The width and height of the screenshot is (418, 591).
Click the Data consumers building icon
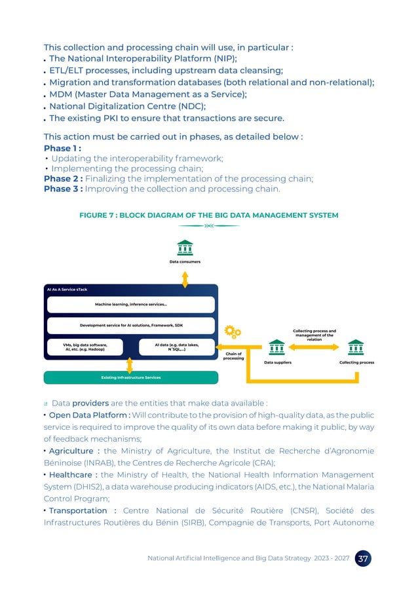click(x=185, y=248)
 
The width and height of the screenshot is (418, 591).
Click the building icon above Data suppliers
click(x=277, y=346)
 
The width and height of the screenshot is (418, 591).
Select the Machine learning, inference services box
click(x=130, y=304)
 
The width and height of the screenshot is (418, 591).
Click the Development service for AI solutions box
click(x=130, y=325)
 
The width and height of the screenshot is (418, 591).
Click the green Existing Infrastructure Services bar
click(x=130, y=377)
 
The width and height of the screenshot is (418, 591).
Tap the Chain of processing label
click(x=233, y=356)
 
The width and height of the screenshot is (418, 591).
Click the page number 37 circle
click(x=362, y=559)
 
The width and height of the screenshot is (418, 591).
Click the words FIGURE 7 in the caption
click(x=96, y=216)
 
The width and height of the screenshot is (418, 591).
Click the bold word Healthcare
click(x=71, y=475)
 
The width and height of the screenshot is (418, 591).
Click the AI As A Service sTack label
click(x=67, y=289)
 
